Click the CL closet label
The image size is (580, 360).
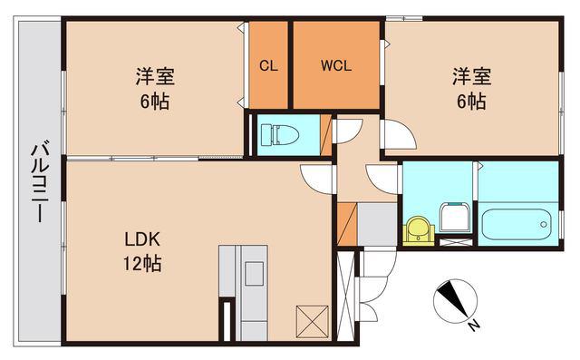coord(268,66)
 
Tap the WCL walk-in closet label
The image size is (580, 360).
coord(336,66)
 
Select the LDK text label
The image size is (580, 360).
coord(142,239)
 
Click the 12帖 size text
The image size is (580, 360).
coord(142,264)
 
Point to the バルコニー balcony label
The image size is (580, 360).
coord(40,181)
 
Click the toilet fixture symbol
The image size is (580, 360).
coord(280,135)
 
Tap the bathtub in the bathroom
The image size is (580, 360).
coord(517,224)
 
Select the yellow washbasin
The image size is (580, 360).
coord(419,231)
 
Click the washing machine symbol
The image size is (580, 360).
coord(455,218)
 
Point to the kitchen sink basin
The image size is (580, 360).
coord(255,274)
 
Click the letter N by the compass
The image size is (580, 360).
coord(473,326)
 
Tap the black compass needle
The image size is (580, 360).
coord(452,299)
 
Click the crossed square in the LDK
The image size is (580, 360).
coord(313,322)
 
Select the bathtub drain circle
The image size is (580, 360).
coord(544,224)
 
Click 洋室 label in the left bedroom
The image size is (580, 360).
coord(155,76)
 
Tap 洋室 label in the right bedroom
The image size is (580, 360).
coord(471,76)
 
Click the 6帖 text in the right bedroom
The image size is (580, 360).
coord(471,101)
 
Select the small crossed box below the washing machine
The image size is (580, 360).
coord(456,242)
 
